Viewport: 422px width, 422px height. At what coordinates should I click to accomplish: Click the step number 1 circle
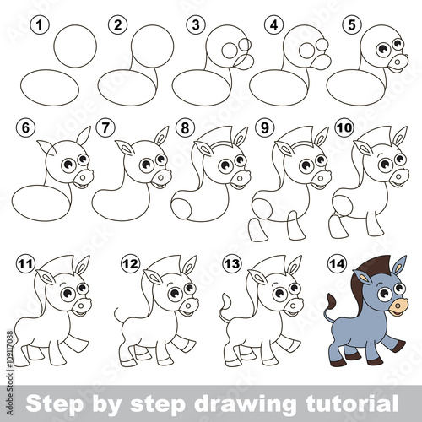40,25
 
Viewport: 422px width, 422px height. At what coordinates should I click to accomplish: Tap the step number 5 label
352,25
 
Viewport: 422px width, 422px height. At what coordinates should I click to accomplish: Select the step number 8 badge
185,128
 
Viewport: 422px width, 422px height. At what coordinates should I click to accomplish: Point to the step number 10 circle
344,128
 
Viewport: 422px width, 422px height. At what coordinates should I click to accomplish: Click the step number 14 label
337,263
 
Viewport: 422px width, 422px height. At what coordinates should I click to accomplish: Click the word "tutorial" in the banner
352,403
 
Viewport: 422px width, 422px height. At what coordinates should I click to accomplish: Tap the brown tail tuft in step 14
332,301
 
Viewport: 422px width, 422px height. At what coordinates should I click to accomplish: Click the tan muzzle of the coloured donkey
398,306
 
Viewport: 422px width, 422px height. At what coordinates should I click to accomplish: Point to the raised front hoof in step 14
399,345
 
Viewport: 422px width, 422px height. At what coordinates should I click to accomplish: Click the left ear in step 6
46,148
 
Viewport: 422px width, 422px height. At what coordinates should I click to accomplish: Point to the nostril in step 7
161,178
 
